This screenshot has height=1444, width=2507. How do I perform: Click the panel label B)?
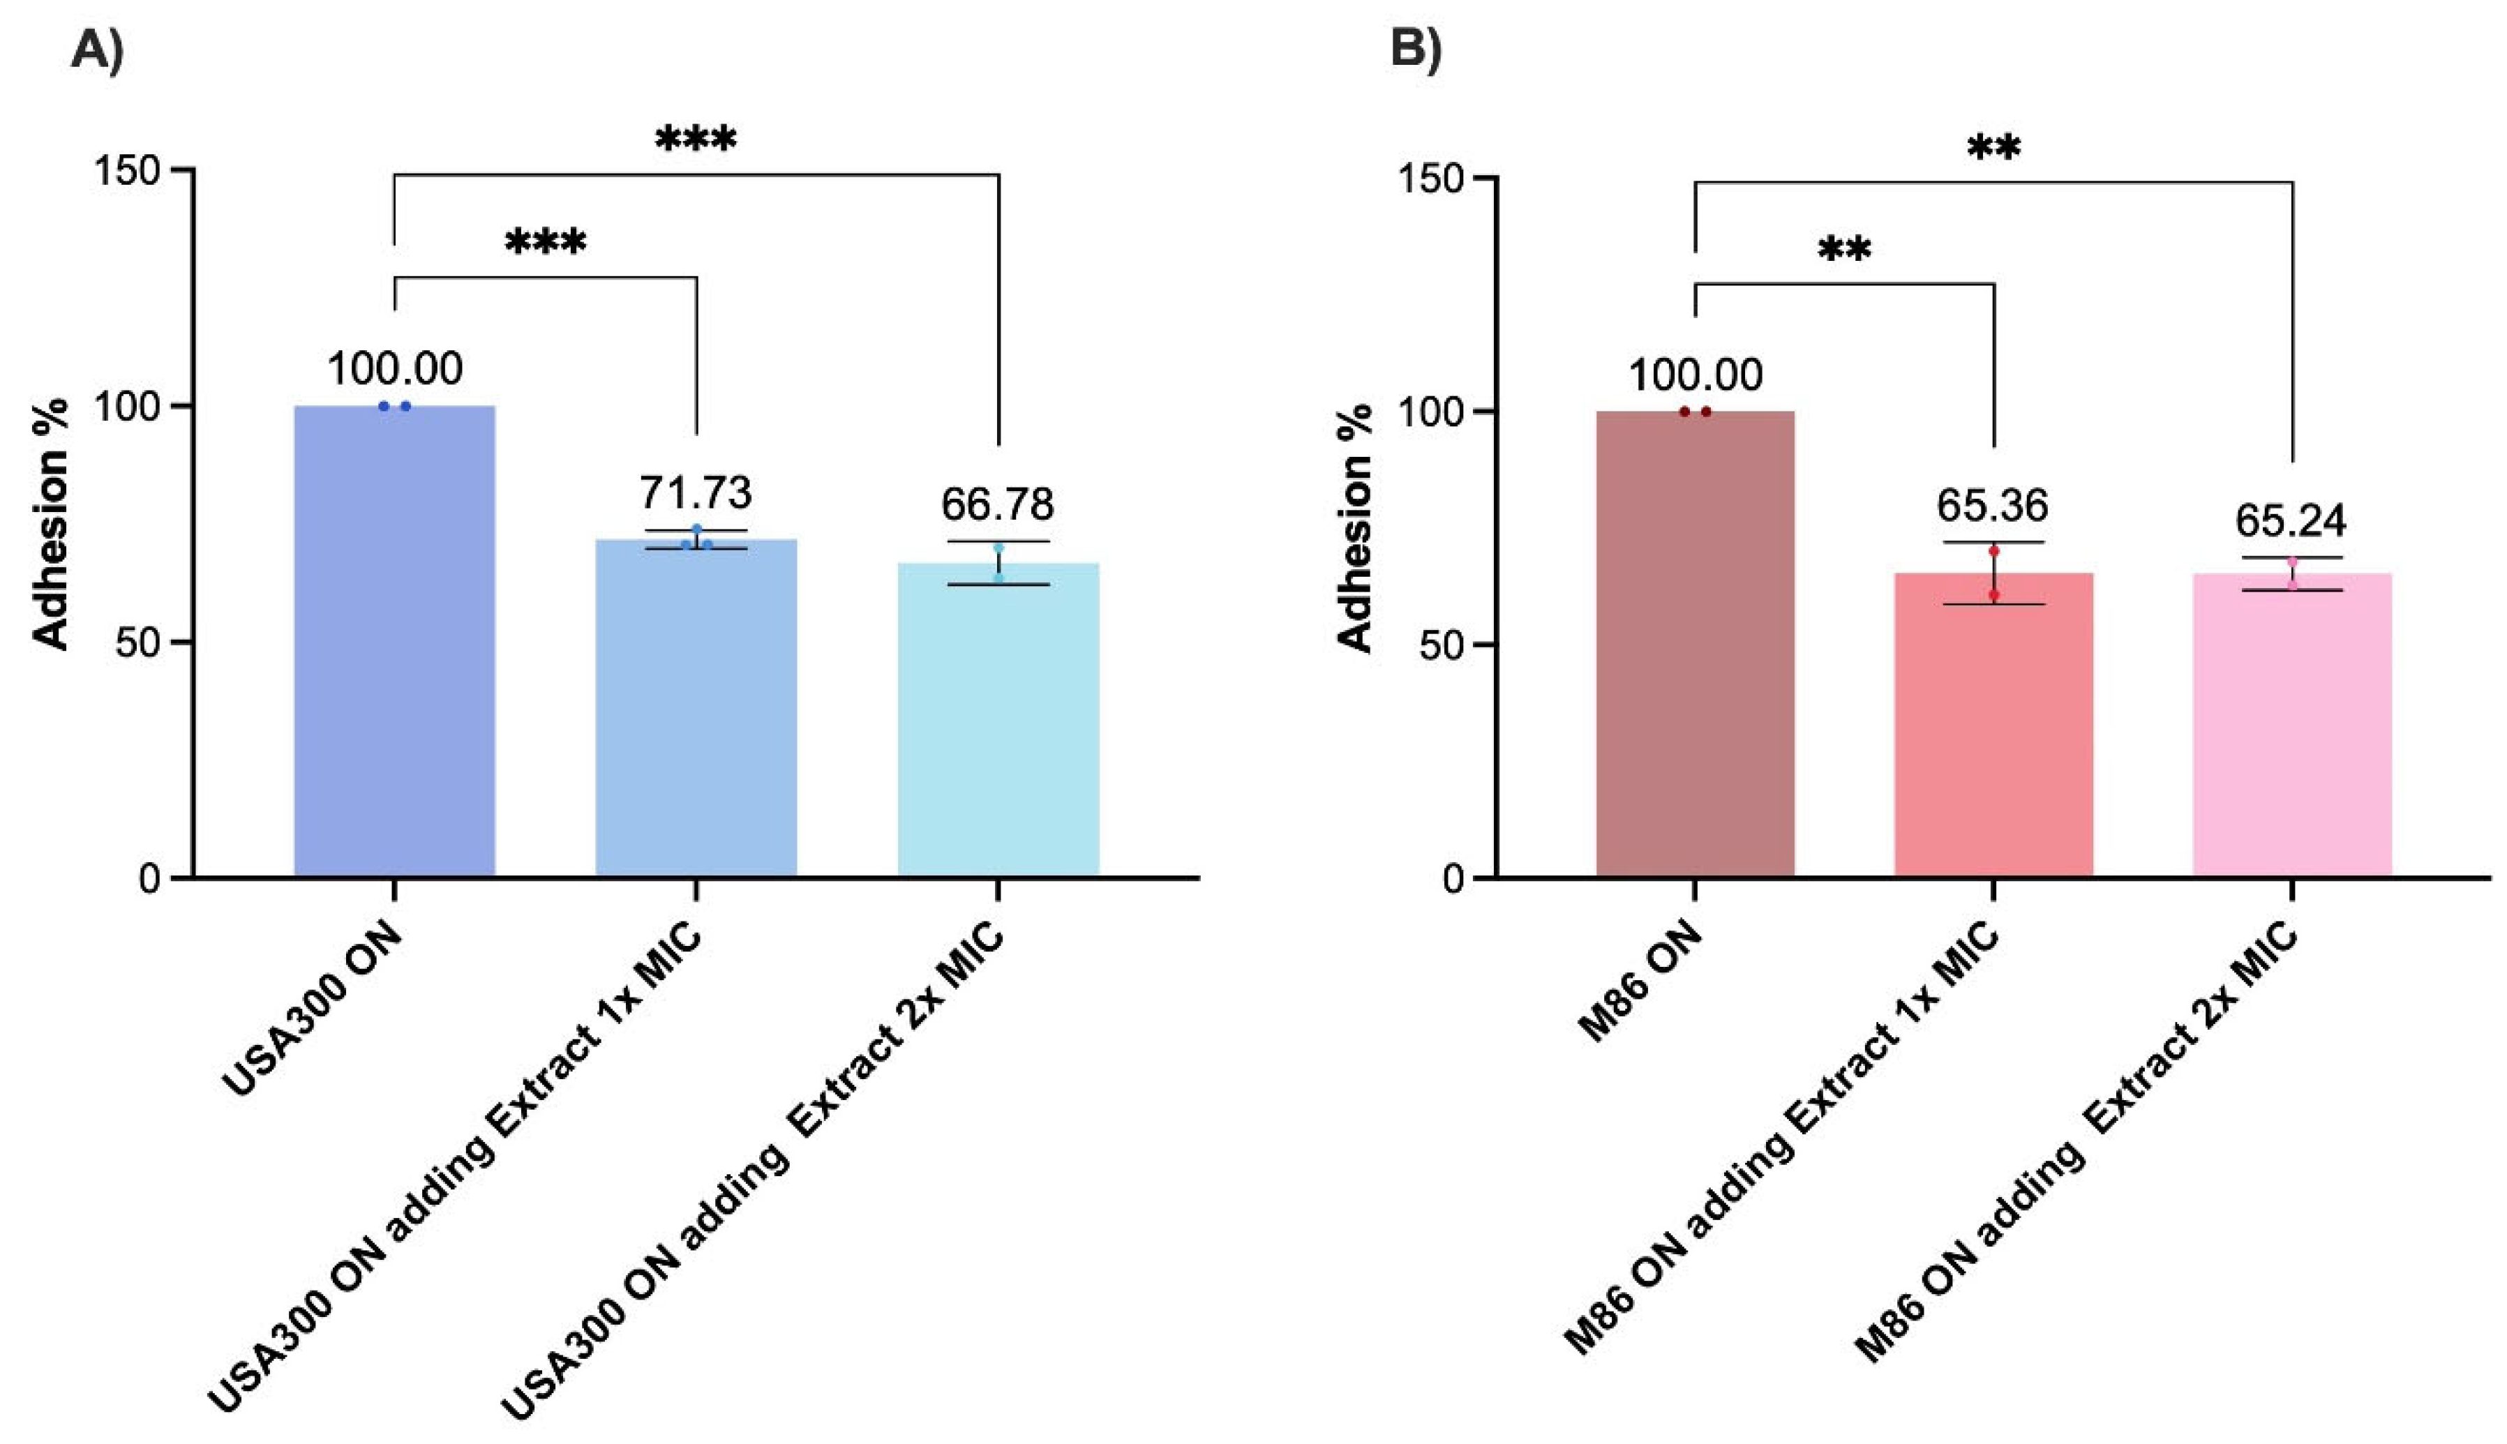[x=1415, y=47]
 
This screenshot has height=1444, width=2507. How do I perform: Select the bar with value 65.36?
[x=1993, y=724]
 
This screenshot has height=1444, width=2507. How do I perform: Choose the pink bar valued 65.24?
[x=2292, y=724]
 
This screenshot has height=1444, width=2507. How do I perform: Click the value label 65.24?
[x=2291, y=520]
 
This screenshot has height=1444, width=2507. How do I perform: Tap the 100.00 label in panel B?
[x=1695, y=375]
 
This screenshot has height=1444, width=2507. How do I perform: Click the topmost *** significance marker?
[x=696, y=139]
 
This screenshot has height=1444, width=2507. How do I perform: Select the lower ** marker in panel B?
[x=1845, y=249]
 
